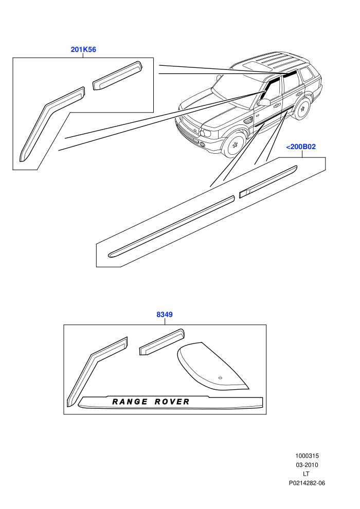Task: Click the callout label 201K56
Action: point(83,49)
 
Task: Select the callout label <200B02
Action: point(301,147)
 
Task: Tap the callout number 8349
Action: point(165,315)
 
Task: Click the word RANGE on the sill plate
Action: point(130,402)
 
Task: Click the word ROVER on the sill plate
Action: point(172,402)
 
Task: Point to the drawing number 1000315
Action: point(307,456)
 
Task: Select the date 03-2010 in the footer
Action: point(307,465)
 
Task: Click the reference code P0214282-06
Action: point(307,483)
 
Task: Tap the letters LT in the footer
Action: point(306,474)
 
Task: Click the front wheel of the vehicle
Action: point(235,144)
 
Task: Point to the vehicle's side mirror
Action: point(264,102)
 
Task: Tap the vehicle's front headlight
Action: point(206,133)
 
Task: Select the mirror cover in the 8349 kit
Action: point(211,366)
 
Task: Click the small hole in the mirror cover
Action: point(220,378)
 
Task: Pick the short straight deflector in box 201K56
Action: point(117,75)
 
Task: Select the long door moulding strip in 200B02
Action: point(171,227)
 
